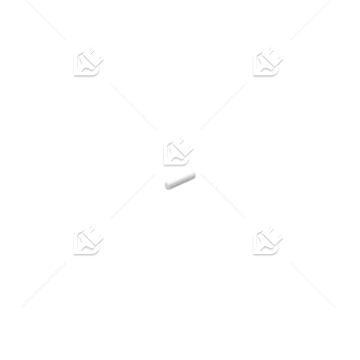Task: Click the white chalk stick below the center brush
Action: (179, 180)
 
